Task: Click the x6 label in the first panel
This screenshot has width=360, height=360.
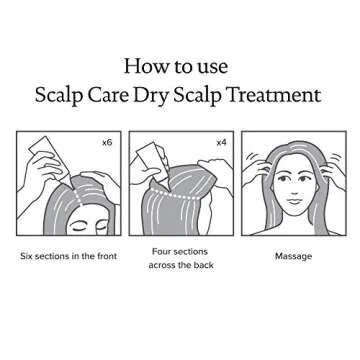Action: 107,143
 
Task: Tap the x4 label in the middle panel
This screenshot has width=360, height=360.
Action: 221,143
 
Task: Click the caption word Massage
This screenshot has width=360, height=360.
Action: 293,257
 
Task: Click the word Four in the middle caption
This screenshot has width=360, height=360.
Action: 163,251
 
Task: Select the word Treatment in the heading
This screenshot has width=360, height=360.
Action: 279,97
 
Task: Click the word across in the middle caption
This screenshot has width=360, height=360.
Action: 159,265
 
